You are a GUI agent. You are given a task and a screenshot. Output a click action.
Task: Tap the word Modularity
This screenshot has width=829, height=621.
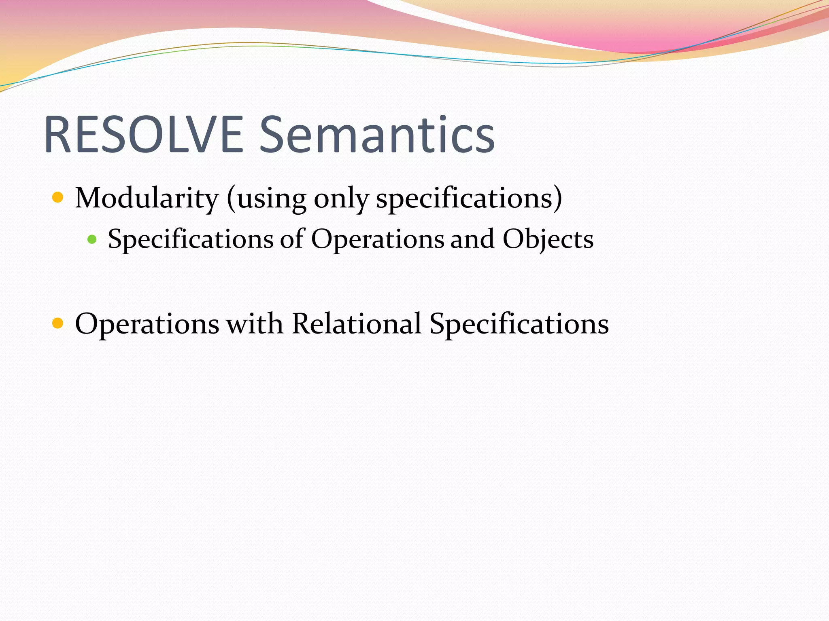(x=147, y=198)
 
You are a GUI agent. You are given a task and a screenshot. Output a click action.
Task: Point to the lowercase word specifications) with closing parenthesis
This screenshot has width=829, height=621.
(x=469, y=199)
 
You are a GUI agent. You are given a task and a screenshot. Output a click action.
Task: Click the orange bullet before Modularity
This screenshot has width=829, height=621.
(x=58, y=198)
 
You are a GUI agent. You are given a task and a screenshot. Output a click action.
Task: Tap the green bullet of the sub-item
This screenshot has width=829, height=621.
(x=92, y=239)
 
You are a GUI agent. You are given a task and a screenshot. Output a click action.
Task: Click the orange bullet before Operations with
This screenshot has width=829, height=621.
(x=58, y=323)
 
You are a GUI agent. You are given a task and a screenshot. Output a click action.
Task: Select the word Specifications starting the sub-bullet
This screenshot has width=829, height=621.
(x=191, y=239)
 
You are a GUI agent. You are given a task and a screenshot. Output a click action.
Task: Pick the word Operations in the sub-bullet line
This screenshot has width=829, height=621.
(x=377, y=239)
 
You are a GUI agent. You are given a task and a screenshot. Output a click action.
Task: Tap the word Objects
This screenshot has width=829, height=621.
(x=548, y=239)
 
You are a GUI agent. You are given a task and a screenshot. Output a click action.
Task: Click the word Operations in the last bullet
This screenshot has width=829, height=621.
(x=147, y=324)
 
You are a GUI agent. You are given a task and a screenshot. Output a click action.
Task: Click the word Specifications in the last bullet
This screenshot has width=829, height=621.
(x=519, y=324)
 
